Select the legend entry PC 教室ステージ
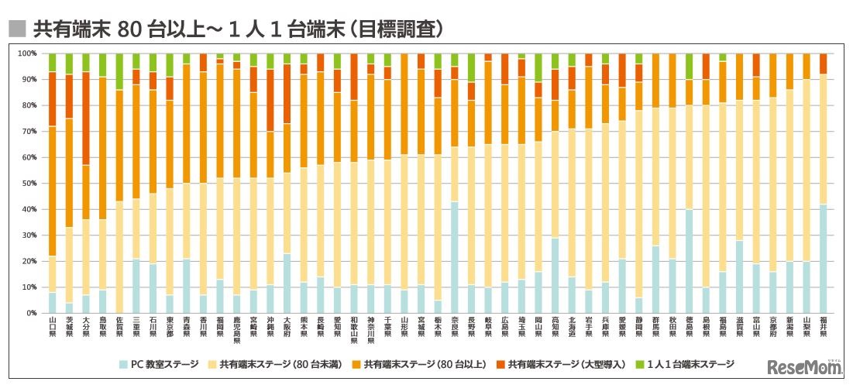pos(164,363)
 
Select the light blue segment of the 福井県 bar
pos(823,259)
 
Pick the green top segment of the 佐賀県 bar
pos(119,71)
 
